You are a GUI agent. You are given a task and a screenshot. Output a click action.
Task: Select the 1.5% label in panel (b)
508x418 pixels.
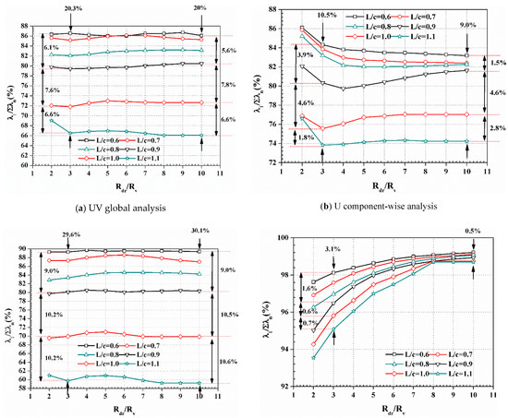pos(496,62)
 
